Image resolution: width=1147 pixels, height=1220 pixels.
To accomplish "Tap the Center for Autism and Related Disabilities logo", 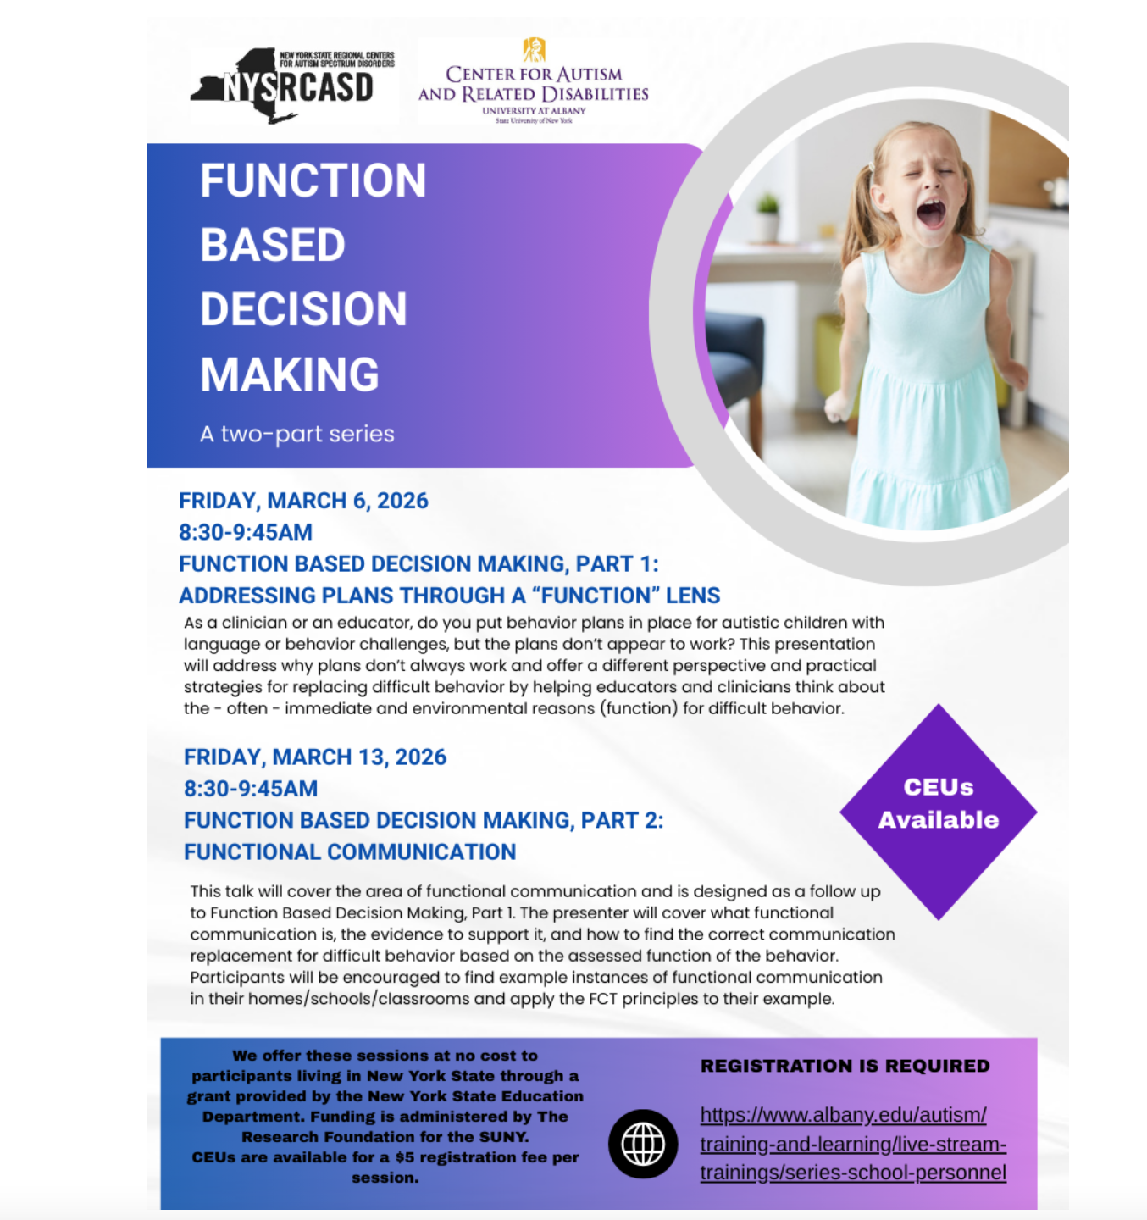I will point(534,83).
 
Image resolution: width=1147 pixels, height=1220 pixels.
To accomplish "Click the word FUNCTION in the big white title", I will point(313,180).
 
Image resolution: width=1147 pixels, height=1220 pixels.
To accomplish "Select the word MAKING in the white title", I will point(290,374).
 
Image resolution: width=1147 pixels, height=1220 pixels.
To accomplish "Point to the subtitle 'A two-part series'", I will point(297,434).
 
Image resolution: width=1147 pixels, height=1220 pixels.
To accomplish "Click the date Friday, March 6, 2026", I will point(303,501).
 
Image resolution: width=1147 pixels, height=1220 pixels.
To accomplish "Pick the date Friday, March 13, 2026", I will point(315,757).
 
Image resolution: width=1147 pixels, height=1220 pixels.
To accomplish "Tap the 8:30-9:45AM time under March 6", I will point(246,532).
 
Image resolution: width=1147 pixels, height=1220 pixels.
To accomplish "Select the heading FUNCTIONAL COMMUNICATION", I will point(350,851).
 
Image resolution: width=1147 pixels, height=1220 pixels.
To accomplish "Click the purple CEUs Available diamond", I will point(938,811).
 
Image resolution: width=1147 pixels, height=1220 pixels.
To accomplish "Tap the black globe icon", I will point(643,1144).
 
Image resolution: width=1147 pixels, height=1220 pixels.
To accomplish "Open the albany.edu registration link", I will point(852,1144).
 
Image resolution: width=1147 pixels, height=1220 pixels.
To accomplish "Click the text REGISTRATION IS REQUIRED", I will point(845,1066).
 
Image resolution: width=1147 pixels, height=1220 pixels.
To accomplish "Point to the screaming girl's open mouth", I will point(931,213).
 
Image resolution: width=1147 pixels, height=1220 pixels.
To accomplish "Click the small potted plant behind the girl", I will point(767,216).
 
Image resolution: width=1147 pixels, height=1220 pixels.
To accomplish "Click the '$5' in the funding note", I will point(405,1157).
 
